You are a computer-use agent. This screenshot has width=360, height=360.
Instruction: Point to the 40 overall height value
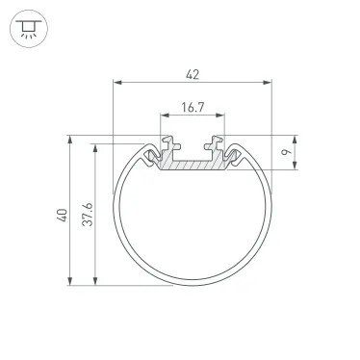(x=60, y=217)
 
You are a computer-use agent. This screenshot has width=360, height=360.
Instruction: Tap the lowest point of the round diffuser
(x=193, y=285)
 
